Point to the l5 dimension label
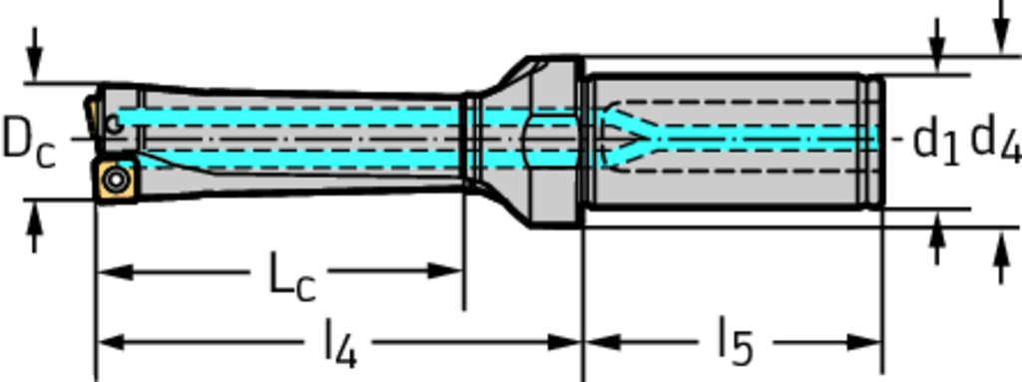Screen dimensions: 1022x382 coord(736,340)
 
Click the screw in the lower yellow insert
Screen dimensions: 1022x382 coord(116,180)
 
